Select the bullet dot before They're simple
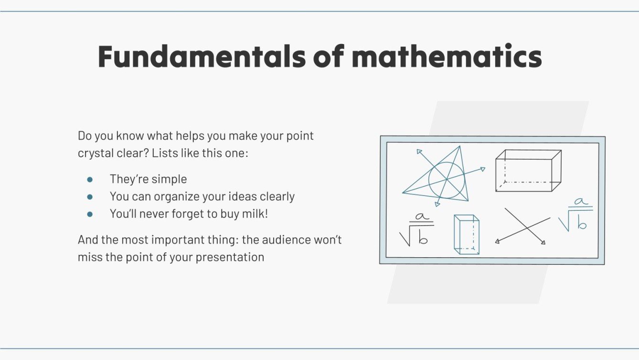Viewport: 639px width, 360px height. [x=89, y=179]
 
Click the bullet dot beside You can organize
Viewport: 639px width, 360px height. [x=89, y=196]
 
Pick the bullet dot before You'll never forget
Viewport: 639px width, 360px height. [x=89, y=214]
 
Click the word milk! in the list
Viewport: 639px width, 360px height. [x=256, y=214]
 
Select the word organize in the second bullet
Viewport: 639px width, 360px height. [x=175, y=196]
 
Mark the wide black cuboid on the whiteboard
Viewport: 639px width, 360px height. [x=528, y=171]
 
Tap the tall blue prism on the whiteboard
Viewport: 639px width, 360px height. [x=467, y=234]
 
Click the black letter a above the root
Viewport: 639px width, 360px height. [x=421, y=217]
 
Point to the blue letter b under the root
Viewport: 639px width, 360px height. [x=581, y=223]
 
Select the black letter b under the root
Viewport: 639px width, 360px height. [x=423, y=238]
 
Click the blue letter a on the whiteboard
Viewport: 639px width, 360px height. [x=581, y=202]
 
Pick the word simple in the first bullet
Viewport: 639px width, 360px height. [x=169, y=179]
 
